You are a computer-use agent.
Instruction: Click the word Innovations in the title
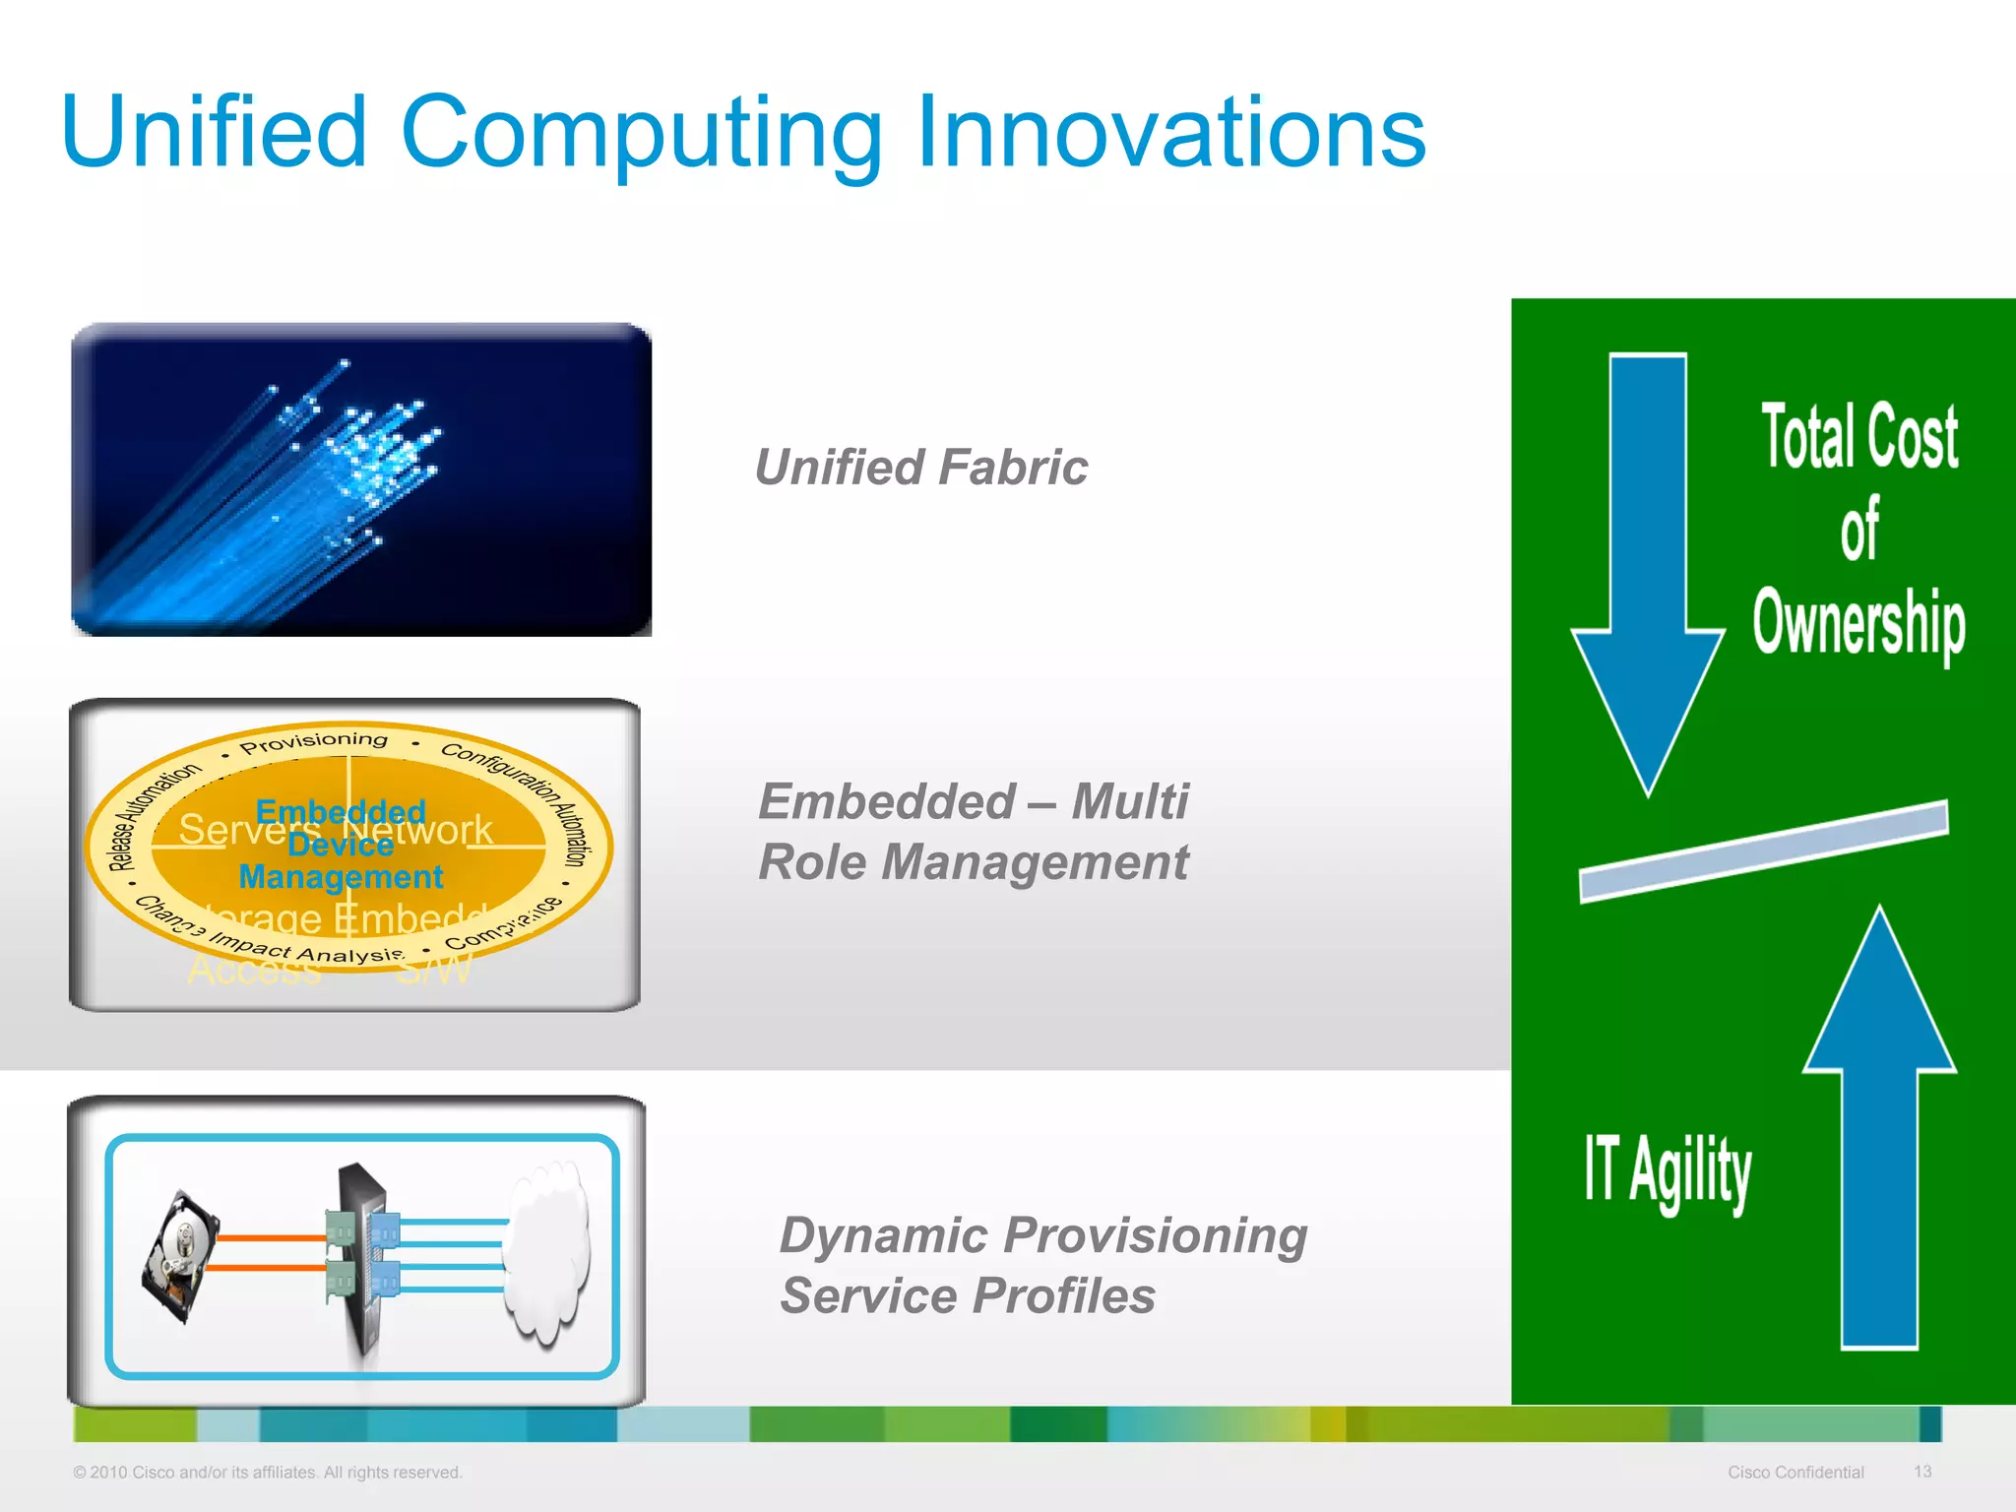(x=1171, y=133)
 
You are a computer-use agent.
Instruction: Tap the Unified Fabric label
(x=920, y=468)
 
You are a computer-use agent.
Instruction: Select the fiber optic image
(x=361, y=479)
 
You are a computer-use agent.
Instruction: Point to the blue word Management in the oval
(x=341, y=876)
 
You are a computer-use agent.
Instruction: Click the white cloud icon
(x=547, y=1250)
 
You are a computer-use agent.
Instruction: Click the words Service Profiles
(x=968, y=1295)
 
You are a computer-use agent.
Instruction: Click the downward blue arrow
(x=1648, y=571)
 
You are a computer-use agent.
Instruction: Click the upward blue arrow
(x=1879, y=1132)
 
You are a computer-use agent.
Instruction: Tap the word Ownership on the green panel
(x=1858, y=622)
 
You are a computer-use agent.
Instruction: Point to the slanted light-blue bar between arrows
(x=1763, y=851)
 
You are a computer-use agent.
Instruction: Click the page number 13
(x=1922, y=1472)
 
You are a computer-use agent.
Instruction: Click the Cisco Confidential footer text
(x=1795, y=1473)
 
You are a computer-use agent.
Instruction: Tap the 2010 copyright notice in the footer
(x=267, y=1473)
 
